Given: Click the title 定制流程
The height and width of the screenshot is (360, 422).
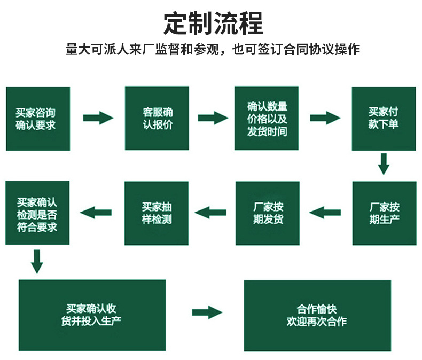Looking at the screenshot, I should (x=213, y=23).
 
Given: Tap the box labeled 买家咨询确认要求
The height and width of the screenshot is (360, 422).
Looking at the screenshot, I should (x=37, y=119).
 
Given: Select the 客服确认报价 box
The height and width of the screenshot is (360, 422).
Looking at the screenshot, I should (x=157, y=119).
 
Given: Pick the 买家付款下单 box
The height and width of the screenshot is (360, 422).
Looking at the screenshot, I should (x=384, y=119).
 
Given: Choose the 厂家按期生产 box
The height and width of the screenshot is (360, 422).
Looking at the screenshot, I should (x=384, y=213).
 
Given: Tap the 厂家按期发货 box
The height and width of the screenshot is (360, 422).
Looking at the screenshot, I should (x=267, y=213).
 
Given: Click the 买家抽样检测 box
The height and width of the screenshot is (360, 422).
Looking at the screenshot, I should (x=157, y=213).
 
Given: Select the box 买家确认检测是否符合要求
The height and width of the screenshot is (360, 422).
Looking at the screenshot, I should (x=37, y=213).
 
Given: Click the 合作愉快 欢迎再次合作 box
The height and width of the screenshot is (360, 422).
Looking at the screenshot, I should (x=317, y=315).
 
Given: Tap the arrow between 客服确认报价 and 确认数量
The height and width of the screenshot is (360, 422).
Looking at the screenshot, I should (x=213, y=118).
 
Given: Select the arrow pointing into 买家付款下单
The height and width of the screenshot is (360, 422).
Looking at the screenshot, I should (x=325, y=118).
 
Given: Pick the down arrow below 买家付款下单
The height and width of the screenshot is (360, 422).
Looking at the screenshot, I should (x=383, y=164).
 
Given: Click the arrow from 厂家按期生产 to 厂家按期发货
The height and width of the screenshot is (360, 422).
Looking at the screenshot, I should (x=325, y=213).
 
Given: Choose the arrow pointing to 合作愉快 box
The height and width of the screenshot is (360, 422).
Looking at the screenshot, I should (x=207, y=312).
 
